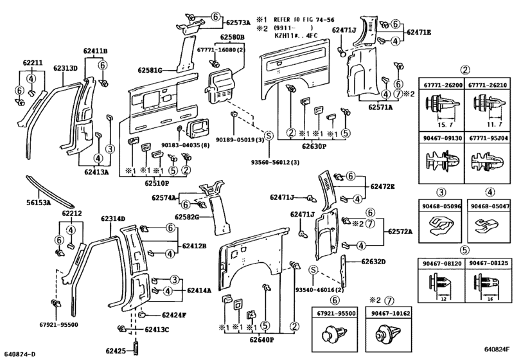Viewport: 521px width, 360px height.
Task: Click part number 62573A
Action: (238, 22)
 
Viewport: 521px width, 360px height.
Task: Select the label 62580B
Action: (233, 37)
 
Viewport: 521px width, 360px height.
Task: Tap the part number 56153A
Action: (39, 202)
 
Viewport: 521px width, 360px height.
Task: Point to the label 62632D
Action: (373, 262)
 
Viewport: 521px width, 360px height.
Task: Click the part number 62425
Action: (116, 351)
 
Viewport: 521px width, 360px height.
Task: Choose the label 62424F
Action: (174, 315)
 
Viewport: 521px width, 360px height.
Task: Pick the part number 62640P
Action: (262, 339)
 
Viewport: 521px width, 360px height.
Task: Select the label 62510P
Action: (157, 183)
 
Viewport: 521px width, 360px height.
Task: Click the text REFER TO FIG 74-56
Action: (304, 20)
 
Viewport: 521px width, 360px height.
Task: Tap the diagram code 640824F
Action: (497, 349)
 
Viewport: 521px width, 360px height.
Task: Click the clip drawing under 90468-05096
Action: (440, 226)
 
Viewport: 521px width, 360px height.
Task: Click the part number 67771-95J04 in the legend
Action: (488, 138)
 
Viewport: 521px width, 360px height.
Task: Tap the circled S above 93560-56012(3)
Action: (269, 135)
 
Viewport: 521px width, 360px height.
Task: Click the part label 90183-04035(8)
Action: (186, 145)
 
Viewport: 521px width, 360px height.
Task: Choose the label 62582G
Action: (187, 217)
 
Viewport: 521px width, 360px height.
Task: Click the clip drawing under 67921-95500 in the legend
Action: (335, 334)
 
